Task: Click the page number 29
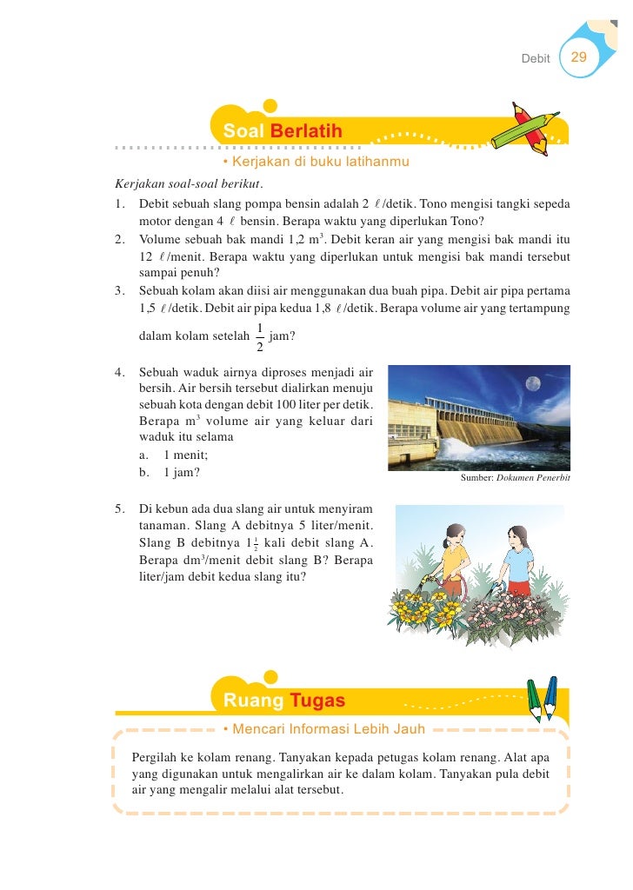(578, 57)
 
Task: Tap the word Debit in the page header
(536, 58)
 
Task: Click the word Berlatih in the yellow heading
(306, 131)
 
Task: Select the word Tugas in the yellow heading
(317, 701)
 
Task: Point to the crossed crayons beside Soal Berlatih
(523, 128)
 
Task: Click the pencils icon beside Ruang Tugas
(542, 698)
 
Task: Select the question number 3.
(119, 291)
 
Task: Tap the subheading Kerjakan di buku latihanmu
(316, 163)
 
